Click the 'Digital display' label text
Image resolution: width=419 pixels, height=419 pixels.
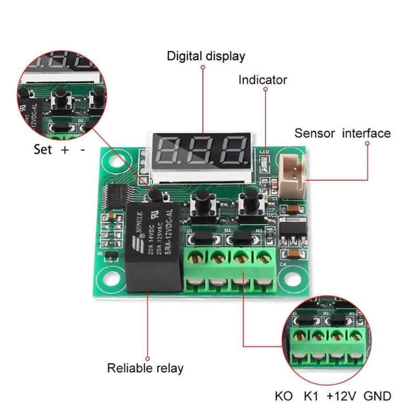tap(205, 56)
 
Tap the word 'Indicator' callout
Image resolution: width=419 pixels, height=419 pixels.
tap(262, 80)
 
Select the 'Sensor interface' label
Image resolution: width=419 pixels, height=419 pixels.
tap(342, 133)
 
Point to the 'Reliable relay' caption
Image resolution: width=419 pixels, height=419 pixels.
tap(145, 368)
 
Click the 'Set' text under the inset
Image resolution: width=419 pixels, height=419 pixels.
tap(43, 150)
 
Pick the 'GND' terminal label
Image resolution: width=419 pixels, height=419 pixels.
tap(377, 396)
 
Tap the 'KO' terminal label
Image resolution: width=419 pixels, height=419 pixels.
tap(284, 396)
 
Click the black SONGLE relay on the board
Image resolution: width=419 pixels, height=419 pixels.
tap(152, 246)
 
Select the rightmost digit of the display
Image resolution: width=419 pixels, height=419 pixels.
tap(234, 150)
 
